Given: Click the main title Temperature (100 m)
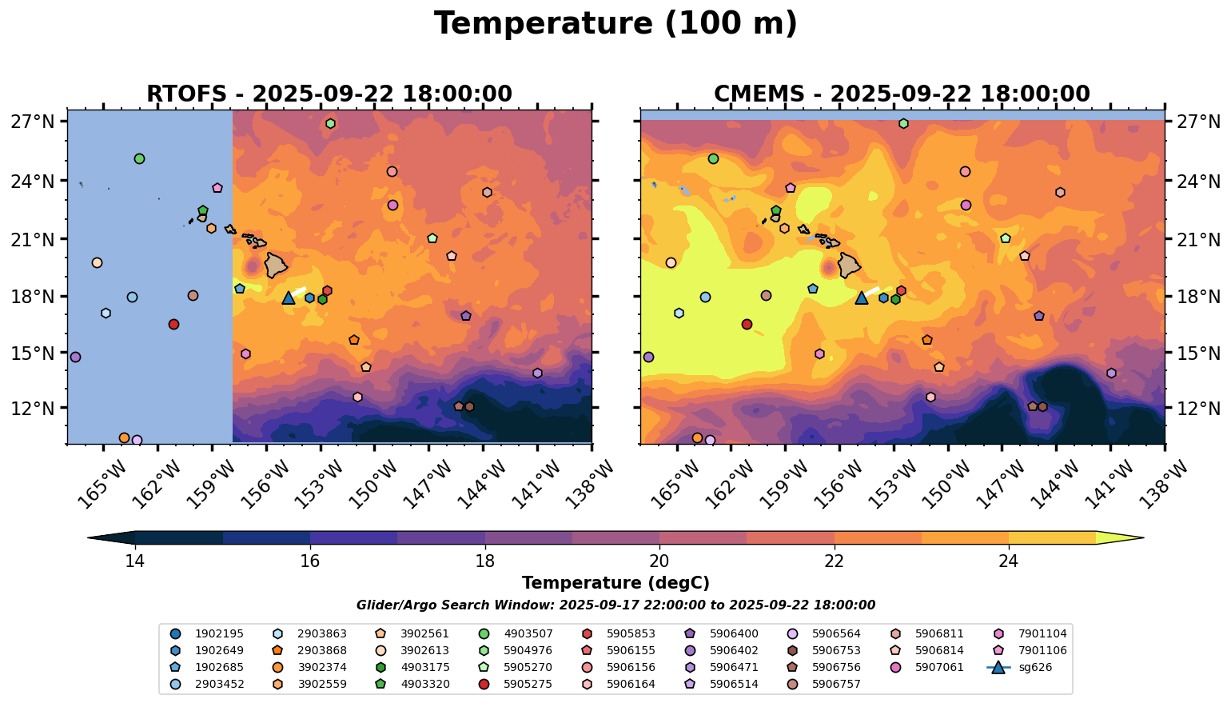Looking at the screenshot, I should pyautogui.click(x=615, y=24).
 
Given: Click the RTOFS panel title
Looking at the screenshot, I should pyautogui.click(x=329, y=94).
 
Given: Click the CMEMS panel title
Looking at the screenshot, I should pyautogui.click(x=902, y=94).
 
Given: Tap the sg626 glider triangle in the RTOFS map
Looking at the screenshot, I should pyautogui.click(x=289, y=298).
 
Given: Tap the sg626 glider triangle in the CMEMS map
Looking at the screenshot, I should pyautogui.click(x=862, y=298).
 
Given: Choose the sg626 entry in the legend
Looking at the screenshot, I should pyautogui.click(x=998, y=667).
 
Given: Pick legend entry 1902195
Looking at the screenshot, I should pyautogui.click(x=176, y=633).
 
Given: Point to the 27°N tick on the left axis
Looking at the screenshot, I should pyautogui.click(x=33, y=122).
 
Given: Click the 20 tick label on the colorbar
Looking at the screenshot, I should pyautogui.click(x=659, y=561).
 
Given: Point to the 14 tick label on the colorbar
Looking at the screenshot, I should pyautogui.click(x=135, y=561).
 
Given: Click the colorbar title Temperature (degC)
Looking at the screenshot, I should pyautogui.click(x=615, y=583).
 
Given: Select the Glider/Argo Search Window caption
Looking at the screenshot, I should pyautogui.click(x=615, y=605).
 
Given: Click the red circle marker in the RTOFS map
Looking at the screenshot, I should pyautogui.click(x=173, y=324).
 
